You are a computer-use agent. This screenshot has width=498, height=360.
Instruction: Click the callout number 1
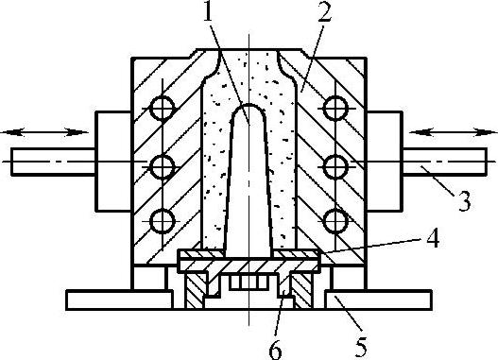pyautogui.click(x=209, y=11)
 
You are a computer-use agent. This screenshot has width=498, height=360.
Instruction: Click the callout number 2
pyautogui.click(x=324, y=12)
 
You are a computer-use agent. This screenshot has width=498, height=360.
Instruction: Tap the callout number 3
pyautogui.click(x=464, y=201)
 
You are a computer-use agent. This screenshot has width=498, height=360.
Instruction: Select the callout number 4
pyautogui.click(x=433, y=238)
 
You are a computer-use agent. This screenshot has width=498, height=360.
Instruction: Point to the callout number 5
pyautogui.click(x=360, y=346)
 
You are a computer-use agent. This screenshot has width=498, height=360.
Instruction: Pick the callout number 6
pyautogui.click(x=275, y=350)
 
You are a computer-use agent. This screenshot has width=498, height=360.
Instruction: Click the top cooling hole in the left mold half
pyautogui.click(x=163, y=109)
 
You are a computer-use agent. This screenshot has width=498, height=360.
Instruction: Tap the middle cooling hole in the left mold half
pyautogui.click(x=163, y=166)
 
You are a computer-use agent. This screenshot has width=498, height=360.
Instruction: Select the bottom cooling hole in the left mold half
pyautogui.click(x=163, y=221)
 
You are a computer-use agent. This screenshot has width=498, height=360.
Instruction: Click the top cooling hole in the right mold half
pyautogui.click(x=335, y=109)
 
